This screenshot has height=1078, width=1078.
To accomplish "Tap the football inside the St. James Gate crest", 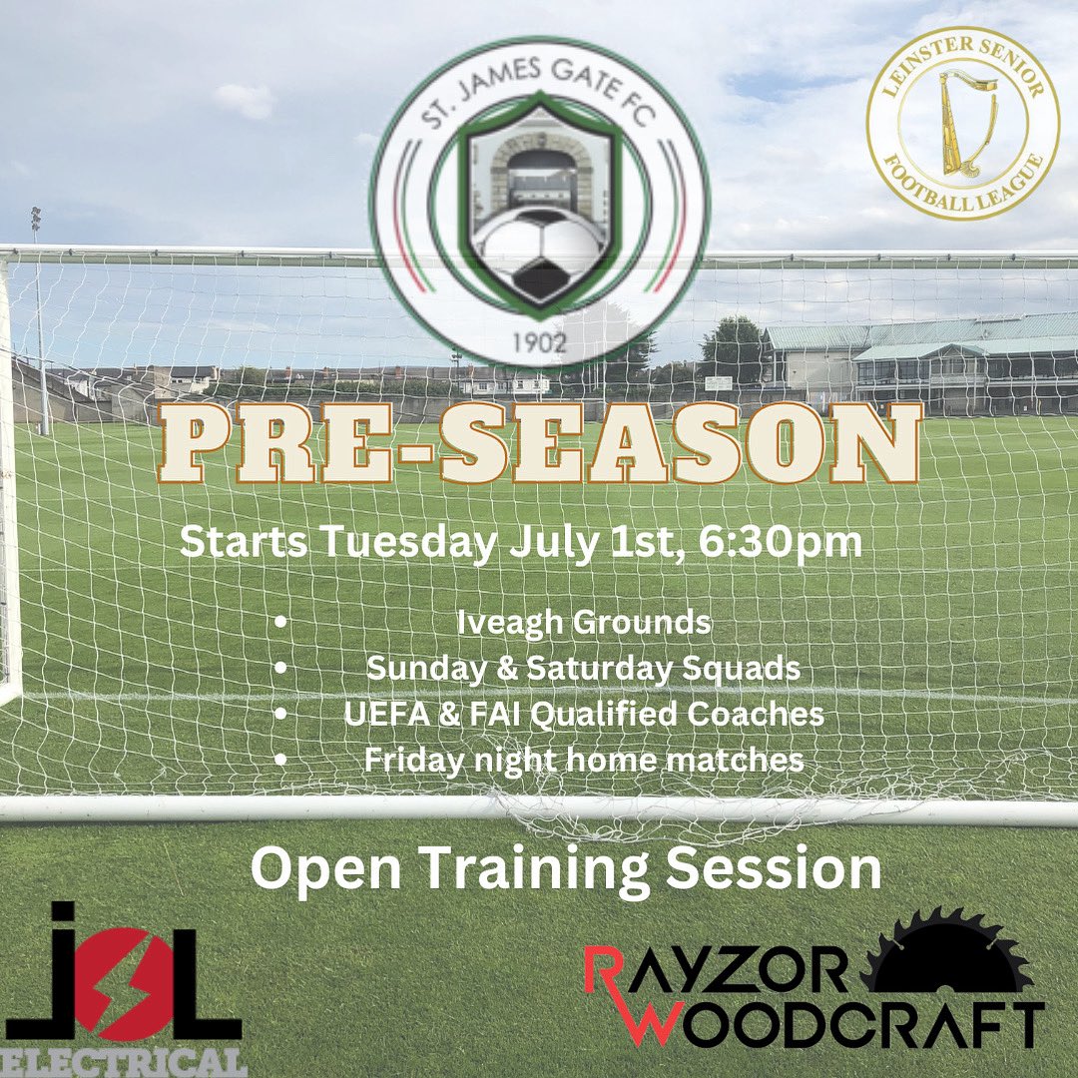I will coord(539,250).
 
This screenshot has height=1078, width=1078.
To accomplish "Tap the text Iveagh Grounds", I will coord(584,623).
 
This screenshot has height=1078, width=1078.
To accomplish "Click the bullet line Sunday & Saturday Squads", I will coord(583,669).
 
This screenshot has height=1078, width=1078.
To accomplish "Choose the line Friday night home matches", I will coord(583,760).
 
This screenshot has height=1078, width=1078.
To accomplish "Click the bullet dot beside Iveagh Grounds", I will coord(281,623).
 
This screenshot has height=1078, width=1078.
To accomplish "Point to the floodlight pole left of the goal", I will coord(40,319).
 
